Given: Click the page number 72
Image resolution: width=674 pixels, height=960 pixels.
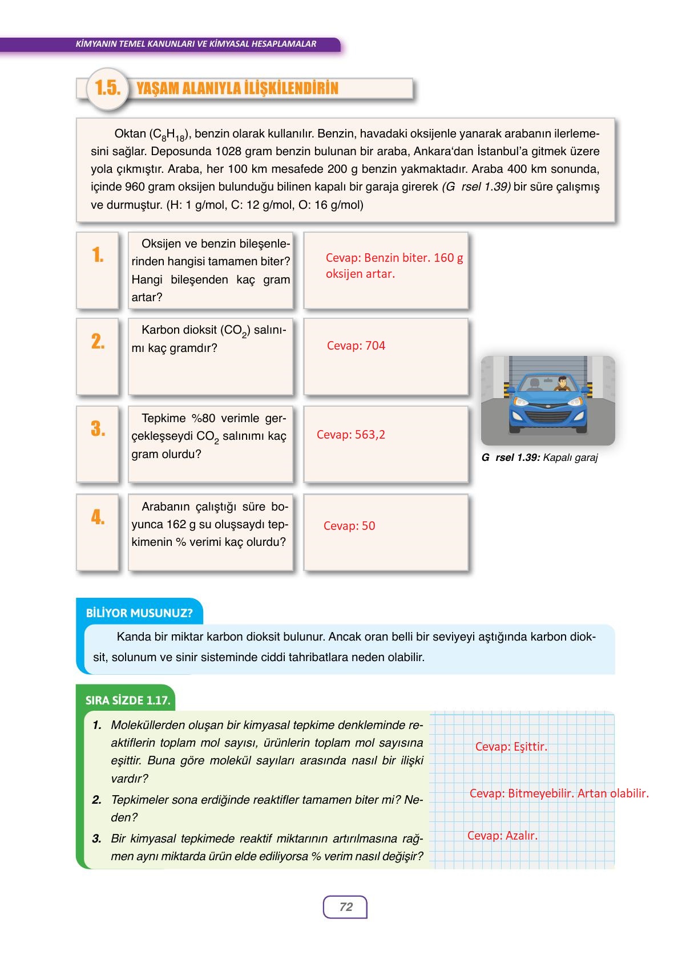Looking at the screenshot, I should click(346, 907).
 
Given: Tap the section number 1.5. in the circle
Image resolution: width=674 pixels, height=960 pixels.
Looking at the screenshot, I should click(107, 88).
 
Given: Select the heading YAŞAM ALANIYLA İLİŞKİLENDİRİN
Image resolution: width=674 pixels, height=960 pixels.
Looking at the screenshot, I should click(237, 88).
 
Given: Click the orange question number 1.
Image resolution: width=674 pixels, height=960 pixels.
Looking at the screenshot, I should click(98, 255).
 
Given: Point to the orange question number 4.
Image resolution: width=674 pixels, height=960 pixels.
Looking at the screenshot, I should click(98, 517).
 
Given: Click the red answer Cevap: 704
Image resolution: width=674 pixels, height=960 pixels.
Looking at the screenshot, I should click(356, 346).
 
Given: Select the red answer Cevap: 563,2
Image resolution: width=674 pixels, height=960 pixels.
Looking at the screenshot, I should click(350, 435).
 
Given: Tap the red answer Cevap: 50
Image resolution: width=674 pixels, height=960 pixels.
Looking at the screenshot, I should click(349, 526).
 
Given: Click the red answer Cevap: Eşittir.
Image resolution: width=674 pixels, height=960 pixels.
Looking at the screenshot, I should click(511, 747).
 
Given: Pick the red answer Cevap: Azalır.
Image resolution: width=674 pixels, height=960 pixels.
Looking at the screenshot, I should click(502, 836).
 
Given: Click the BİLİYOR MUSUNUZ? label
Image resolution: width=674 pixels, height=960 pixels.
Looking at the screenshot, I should click(139, 613).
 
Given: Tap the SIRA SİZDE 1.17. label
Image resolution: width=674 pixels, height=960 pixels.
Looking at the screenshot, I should click(128, 700).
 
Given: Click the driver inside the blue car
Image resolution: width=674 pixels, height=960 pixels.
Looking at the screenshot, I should click(562, 384).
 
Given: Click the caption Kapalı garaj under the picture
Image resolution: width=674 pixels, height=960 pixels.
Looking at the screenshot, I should click(570, 457).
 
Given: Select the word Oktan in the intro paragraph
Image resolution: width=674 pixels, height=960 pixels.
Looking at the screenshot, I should click(130, 133).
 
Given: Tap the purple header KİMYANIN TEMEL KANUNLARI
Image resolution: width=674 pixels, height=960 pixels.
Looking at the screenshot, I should click(196, 44).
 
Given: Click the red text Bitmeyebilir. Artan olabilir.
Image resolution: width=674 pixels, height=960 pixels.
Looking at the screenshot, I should click(578, 793).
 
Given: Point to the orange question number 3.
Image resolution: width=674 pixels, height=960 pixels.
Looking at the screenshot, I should click(98, 429).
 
